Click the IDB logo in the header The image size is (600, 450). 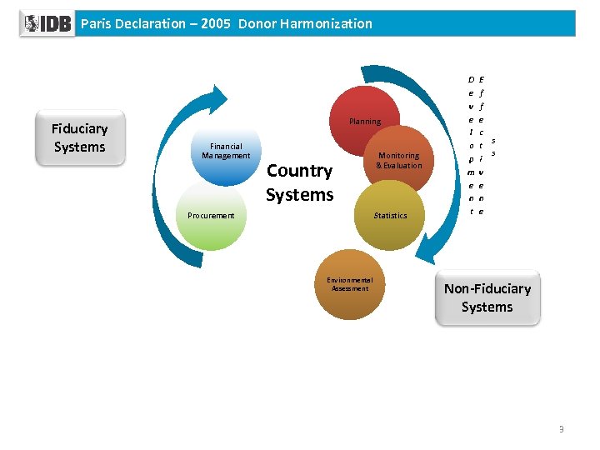(47, 23)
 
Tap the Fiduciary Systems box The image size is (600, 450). (79, 138)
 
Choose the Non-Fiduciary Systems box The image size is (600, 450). (487, 298)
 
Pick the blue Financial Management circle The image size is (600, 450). (226, 154)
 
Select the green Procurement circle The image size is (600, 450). (211, 218)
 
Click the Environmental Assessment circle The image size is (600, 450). (350, 285)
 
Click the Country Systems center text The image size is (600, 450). (300, 183)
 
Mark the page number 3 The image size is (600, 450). (562, 429)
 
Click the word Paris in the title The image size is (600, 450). (95, 23)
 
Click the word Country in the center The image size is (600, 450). (299, 172)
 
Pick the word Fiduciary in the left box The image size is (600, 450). (79, 129)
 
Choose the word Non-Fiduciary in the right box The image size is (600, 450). (487, 289)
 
